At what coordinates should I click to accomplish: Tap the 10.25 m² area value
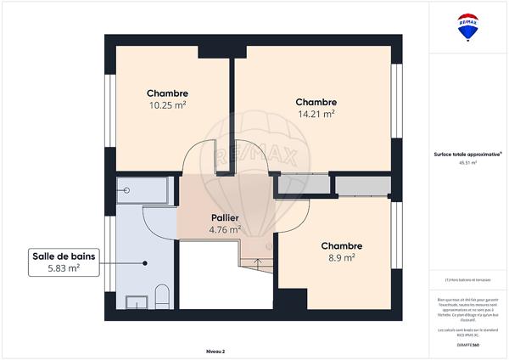pos(167,105)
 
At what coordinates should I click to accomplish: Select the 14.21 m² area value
pos(316,113)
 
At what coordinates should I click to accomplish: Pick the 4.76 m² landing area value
pos(225,228)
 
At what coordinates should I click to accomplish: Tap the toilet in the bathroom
pos(162,297)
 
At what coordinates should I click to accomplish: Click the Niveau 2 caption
pos(217,350)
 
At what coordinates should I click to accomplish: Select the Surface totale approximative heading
pos(467,154)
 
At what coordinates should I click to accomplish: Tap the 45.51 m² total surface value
pos(467,162)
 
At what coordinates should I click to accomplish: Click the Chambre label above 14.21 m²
pos(316,101)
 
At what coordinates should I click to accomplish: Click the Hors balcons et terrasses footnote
pos(467,280)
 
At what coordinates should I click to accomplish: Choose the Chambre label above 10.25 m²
pos(167,93)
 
